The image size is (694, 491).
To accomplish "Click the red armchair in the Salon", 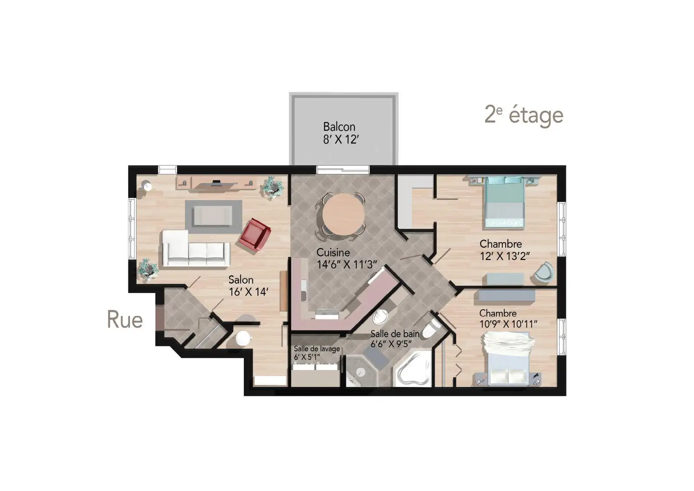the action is (255, 235).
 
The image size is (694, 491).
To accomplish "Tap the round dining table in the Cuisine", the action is (343, 214).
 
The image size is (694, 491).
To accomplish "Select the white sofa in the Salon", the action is (195, 249).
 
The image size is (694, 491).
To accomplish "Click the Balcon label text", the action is (339, 127).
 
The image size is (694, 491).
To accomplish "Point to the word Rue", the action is (125, 319).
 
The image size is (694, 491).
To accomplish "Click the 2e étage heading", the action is (524, 115).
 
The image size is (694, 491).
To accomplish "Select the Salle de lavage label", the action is (317, 349).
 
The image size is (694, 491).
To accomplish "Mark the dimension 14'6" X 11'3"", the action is (347, 265).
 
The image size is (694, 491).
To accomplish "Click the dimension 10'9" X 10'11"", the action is (508, 324).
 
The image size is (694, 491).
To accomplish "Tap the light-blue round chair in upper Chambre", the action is (544, 273).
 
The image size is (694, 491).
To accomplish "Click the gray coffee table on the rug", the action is (213, 216).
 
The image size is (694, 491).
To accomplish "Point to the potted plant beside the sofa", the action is (148, 270).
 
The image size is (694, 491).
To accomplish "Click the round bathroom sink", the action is (380, 317).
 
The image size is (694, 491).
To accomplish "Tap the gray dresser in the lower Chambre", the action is (507, 295).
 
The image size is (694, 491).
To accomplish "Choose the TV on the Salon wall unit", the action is (216, 183).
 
